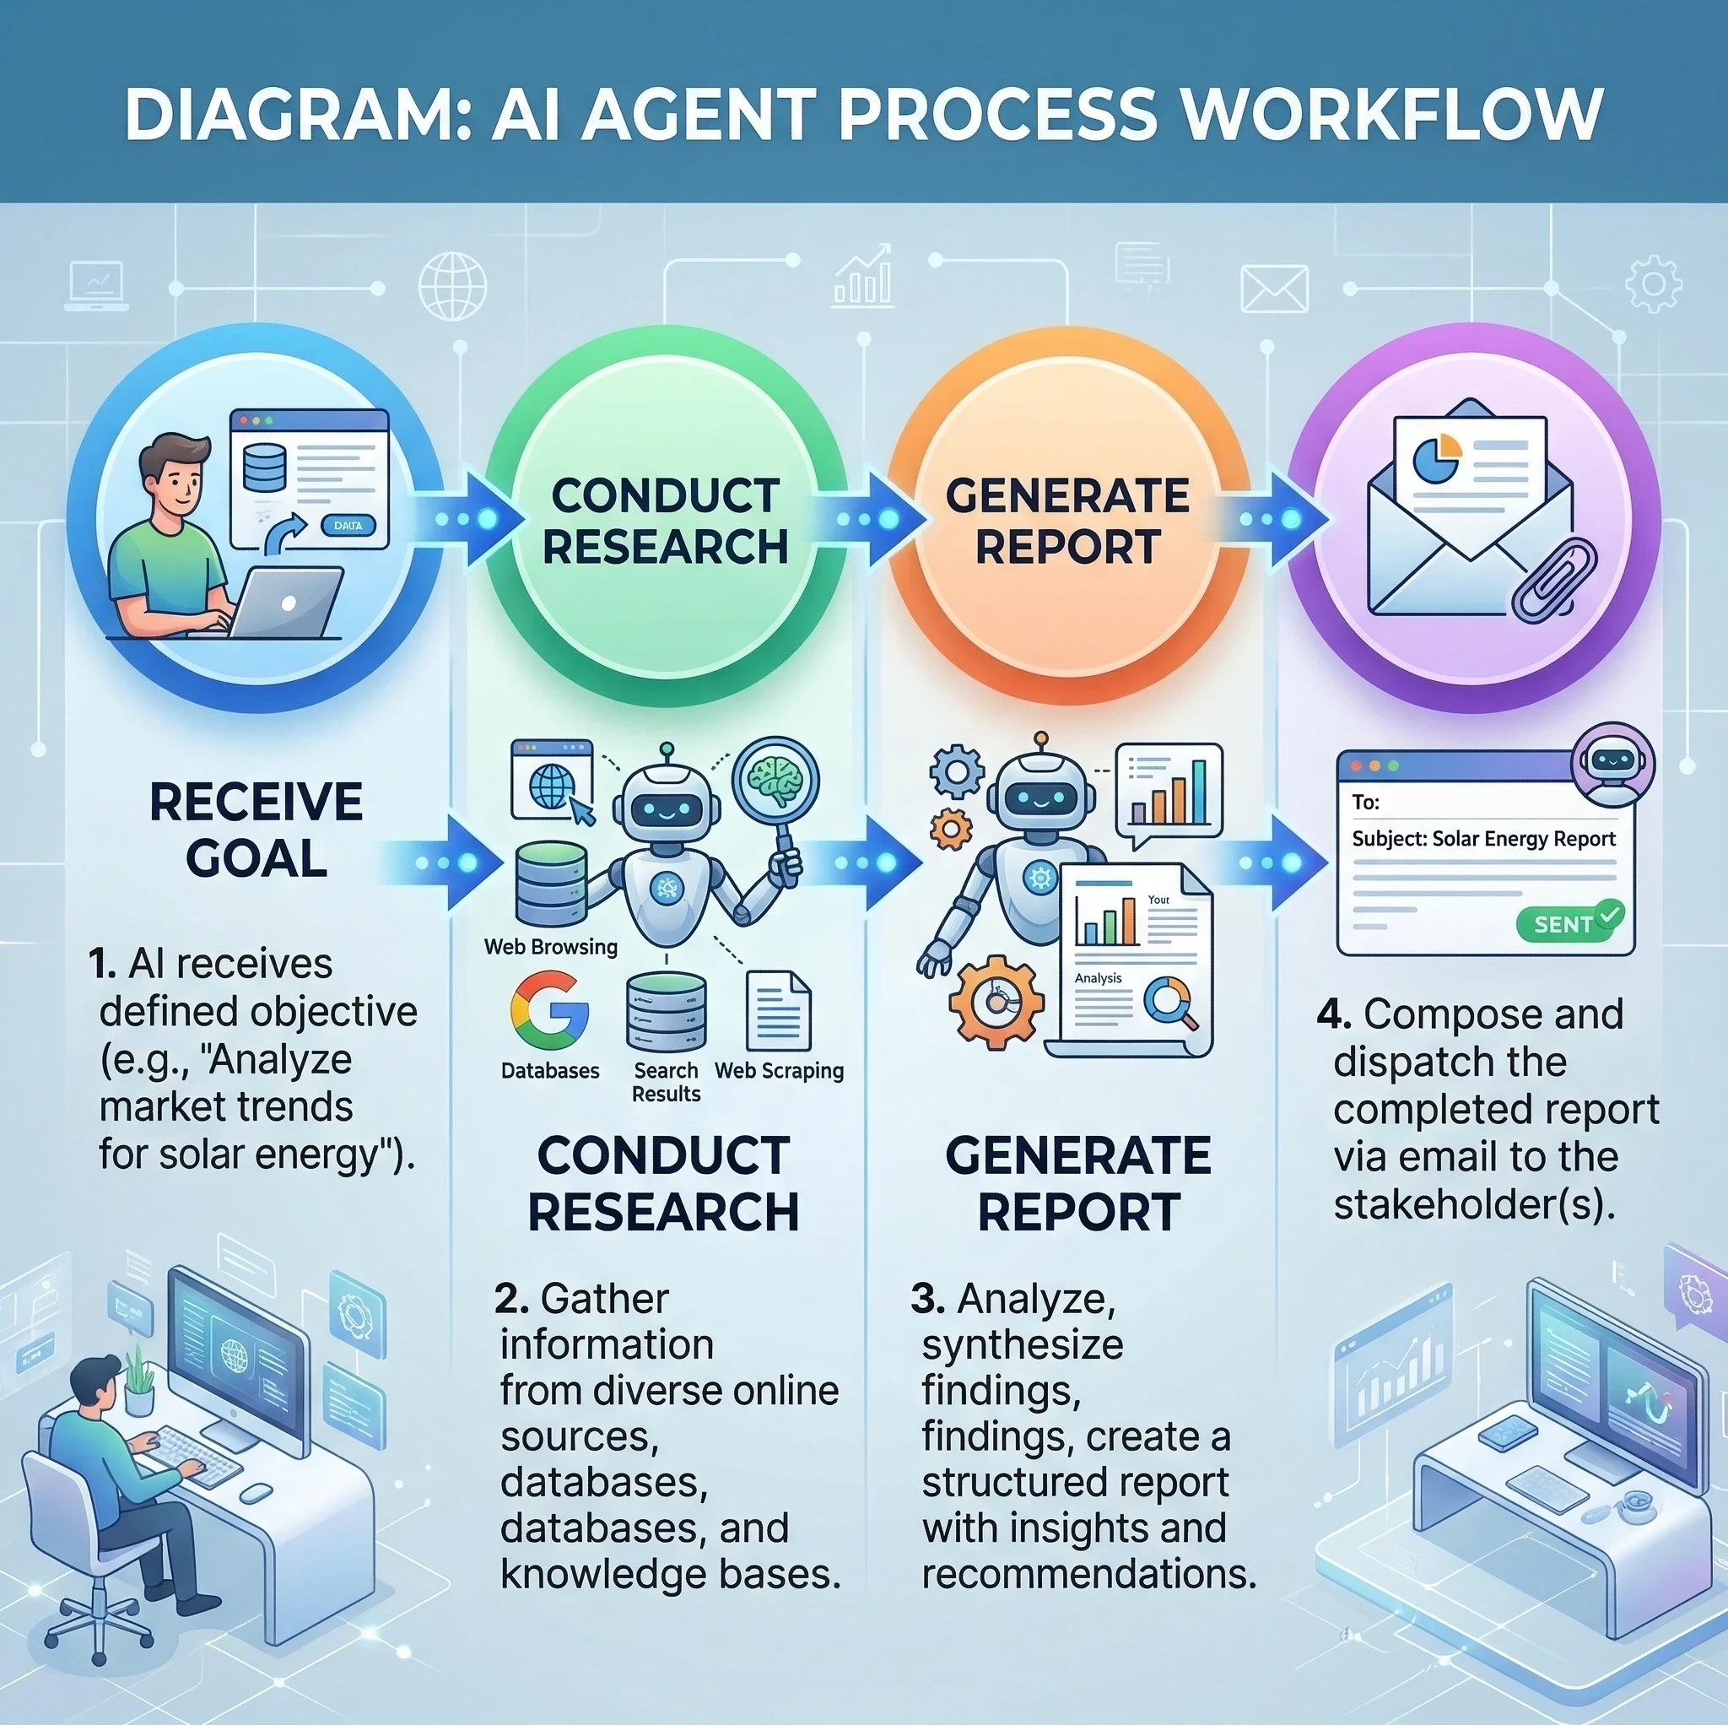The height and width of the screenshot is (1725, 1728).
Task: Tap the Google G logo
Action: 549,1011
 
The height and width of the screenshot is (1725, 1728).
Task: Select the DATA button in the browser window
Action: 348,525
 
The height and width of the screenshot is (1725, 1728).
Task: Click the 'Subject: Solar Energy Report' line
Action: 1483,838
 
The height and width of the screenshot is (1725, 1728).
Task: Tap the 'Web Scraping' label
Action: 779,1070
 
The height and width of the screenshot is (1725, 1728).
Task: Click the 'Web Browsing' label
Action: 550,946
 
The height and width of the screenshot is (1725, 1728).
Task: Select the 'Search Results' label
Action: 666,1082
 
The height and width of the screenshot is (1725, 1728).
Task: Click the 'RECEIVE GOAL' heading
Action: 256,829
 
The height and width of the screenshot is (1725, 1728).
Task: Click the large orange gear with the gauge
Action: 996,1001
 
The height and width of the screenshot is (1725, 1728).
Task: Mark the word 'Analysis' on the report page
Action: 1098,978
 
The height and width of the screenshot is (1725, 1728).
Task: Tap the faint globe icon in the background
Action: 452,287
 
